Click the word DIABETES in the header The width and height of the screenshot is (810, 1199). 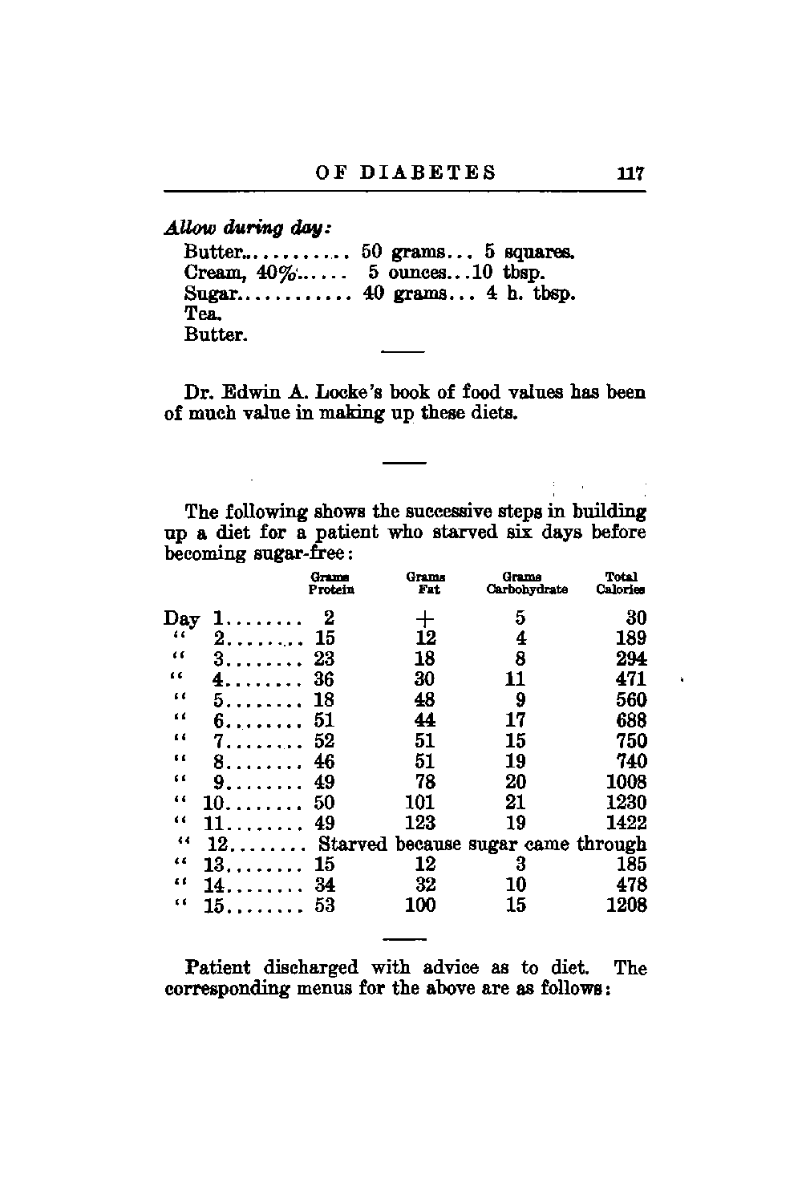(427, 173)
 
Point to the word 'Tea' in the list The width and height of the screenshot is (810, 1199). (198, 314)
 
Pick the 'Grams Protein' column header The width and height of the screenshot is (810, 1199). (331, 583)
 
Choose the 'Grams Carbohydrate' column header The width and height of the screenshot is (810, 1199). (526, 583)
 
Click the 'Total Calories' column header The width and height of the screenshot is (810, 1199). (621, 583)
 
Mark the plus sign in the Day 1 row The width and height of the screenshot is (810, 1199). (424, 618)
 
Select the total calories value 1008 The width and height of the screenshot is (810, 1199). (626, 782)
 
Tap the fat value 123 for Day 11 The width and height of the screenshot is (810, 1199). (420, 823)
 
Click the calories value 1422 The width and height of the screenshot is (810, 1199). (626, 823)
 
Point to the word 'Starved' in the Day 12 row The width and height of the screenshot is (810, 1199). (352, 844)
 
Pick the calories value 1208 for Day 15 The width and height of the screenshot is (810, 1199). (626, 905)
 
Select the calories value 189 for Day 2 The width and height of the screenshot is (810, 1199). (631, 638)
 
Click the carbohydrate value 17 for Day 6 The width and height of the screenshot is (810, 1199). (516, 721)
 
